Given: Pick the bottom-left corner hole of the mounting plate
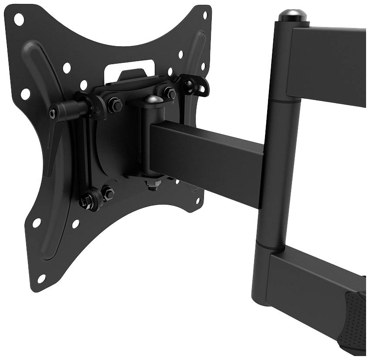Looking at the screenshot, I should point(41,278).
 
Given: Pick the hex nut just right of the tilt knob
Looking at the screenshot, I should point(115,105).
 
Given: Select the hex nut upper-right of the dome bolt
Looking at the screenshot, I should point(170,93).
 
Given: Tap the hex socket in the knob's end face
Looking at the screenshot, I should point(53,113).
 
